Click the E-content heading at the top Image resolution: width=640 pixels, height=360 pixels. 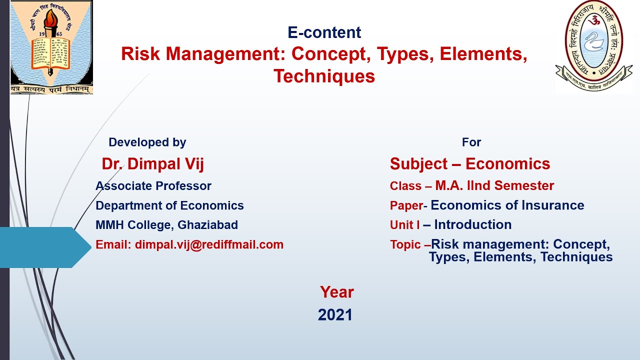324,32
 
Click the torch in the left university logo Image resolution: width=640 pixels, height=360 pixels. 50,22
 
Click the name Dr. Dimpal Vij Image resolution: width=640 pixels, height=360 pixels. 152,164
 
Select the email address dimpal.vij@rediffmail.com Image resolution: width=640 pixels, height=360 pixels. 209,244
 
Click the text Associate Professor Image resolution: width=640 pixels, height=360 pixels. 153,186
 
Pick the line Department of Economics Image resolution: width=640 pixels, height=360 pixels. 169,205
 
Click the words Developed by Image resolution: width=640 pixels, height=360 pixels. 147,142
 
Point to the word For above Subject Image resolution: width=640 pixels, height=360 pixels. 471,142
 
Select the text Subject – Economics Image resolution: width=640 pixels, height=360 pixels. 469,164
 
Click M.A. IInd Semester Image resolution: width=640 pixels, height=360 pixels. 494,186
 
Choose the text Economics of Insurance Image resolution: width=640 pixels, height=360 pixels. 507,205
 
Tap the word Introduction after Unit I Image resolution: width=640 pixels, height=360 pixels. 472,225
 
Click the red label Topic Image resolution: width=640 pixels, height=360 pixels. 406,245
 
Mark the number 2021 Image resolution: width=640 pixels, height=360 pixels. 335,315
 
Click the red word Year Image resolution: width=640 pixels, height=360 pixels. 336,292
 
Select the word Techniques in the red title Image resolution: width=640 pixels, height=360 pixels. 324,76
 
